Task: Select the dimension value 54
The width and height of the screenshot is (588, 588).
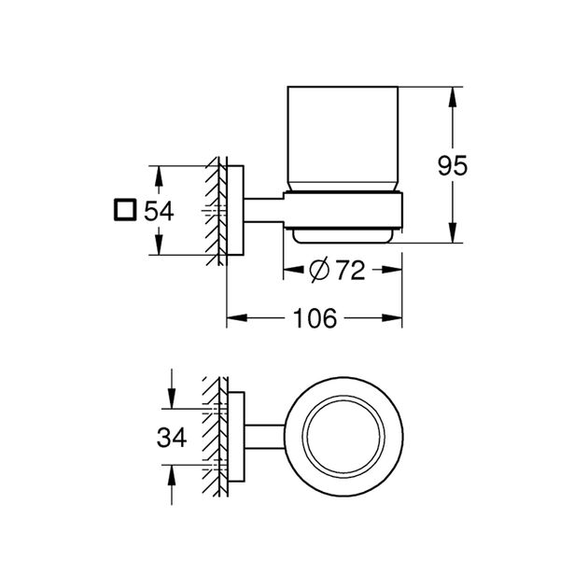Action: (x=159, y=210)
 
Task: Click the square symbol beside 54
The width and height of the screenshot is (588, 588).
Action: (x=122, y=210)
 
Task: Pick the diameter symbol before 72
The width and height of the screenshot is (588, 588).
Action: (x=317, y=272)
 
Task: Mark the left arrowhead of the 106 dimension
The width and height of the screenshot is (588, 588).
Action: (x=233, y=317)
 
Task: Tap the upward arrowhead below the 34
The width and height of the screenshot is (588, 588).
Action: (x=170, y=474)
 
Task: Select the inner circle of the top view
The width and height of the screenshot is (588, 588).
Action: (x=343, y=436)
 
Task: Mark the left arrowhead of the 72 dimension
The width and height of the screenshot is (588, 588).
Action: (x=289, y=272)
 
